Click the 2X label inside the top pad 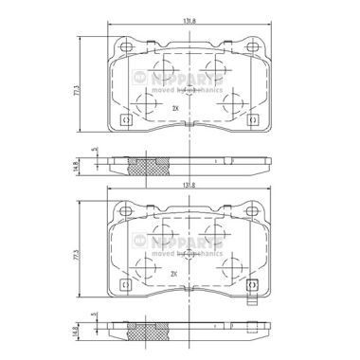coord(175,110)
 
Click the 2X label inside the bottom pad coord(175,275)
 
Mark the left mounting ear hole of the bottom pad coord(123,213)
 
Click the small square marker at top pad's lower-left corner coord(128,120)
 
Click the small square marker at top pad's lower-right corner coord(251,120)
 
